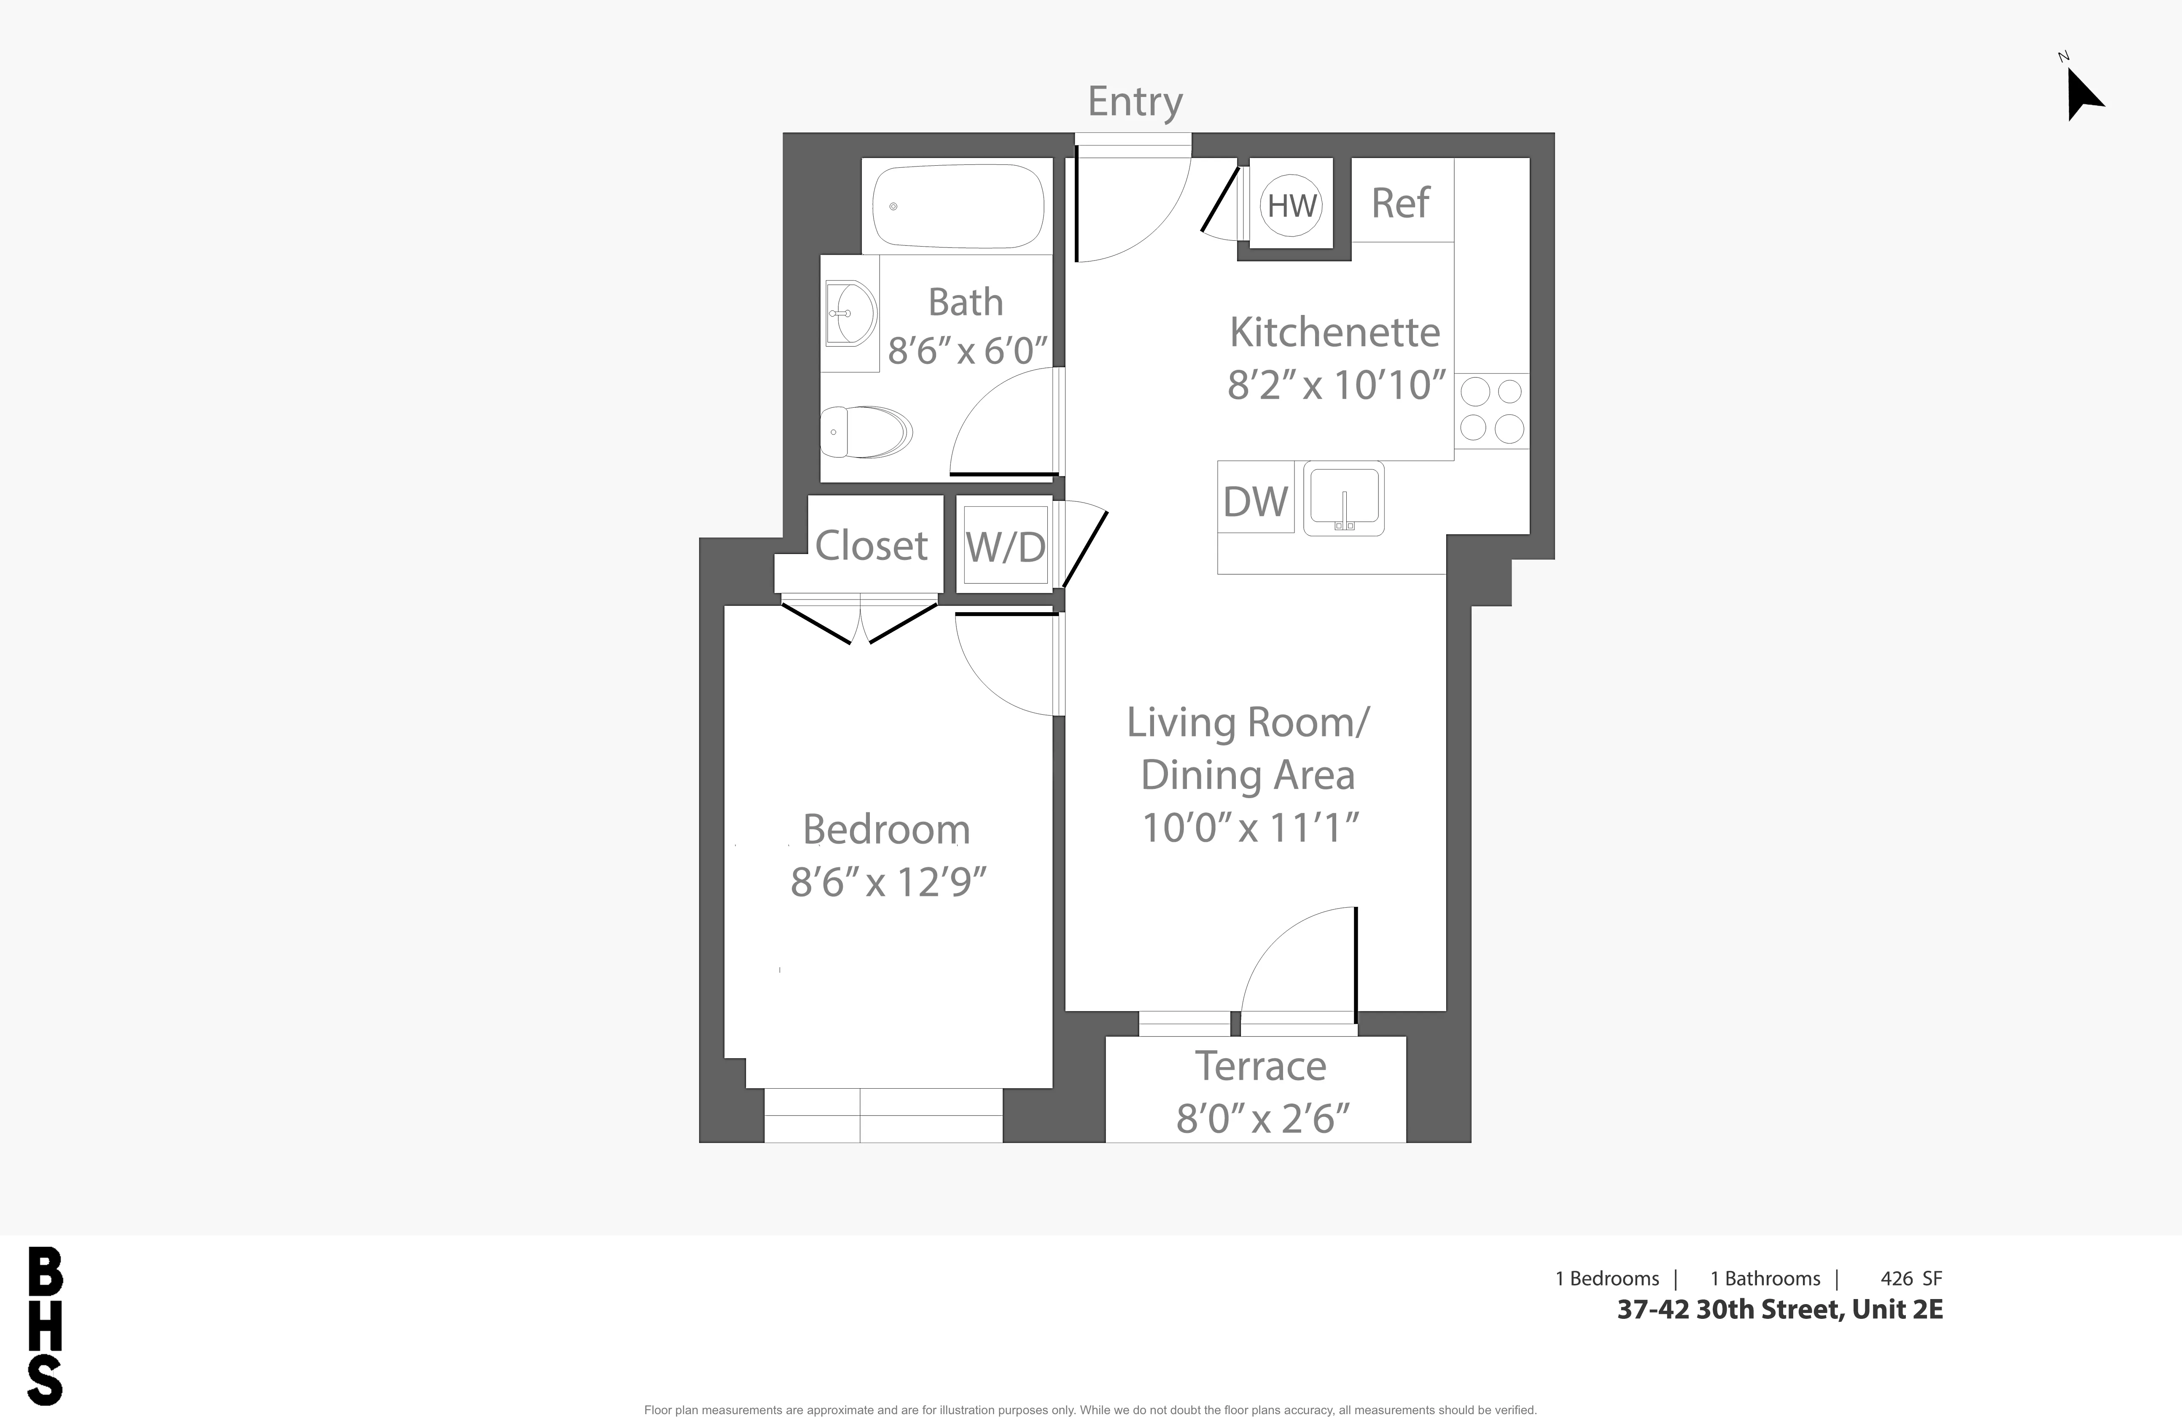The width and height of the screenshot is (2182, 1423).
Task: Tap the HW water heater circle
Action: click(x=1292, y=205)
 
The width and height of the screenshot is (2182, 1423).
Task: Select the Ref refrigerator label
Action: click(x=1400, y=203)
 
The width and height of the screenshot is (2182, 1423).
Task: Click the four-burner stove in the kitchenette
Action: click(x=1491, y=410)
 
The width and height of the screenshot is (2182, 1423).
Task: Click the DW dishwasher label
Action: click(x=1255, y=502)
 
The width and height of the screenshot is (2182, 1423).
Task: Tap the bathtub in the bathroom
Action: click(x=958, y=206)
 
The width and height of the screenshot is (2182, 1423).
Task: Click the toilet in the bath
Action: click(x=866, y=432)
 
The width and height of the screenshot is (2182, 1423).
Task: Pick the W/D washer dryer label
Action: click(x=1005, y=547)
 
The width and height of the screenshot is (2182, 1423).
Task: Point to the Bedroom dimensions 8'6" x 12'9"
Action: click(x=888, y=882)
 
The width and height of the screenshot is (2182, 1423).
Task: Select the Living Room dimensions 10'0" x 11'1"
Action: click(x=1248, y=827)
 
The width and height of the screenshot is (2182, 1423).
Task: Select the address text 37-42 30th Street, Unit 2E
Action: click(x=1779, y=1309)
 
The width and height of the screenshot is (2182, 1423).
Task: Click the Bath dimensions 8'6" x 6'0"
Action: click(x=966, y=350)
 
